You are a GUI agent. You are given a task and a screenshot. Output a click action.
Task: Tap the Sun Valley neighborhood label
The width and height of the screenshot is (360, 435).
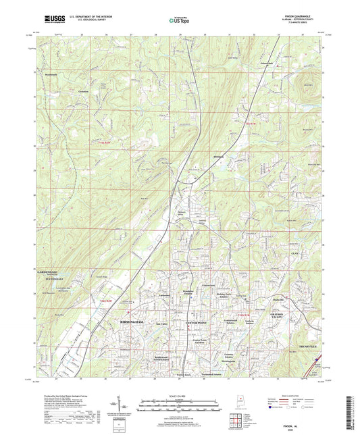coord(161,324)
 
